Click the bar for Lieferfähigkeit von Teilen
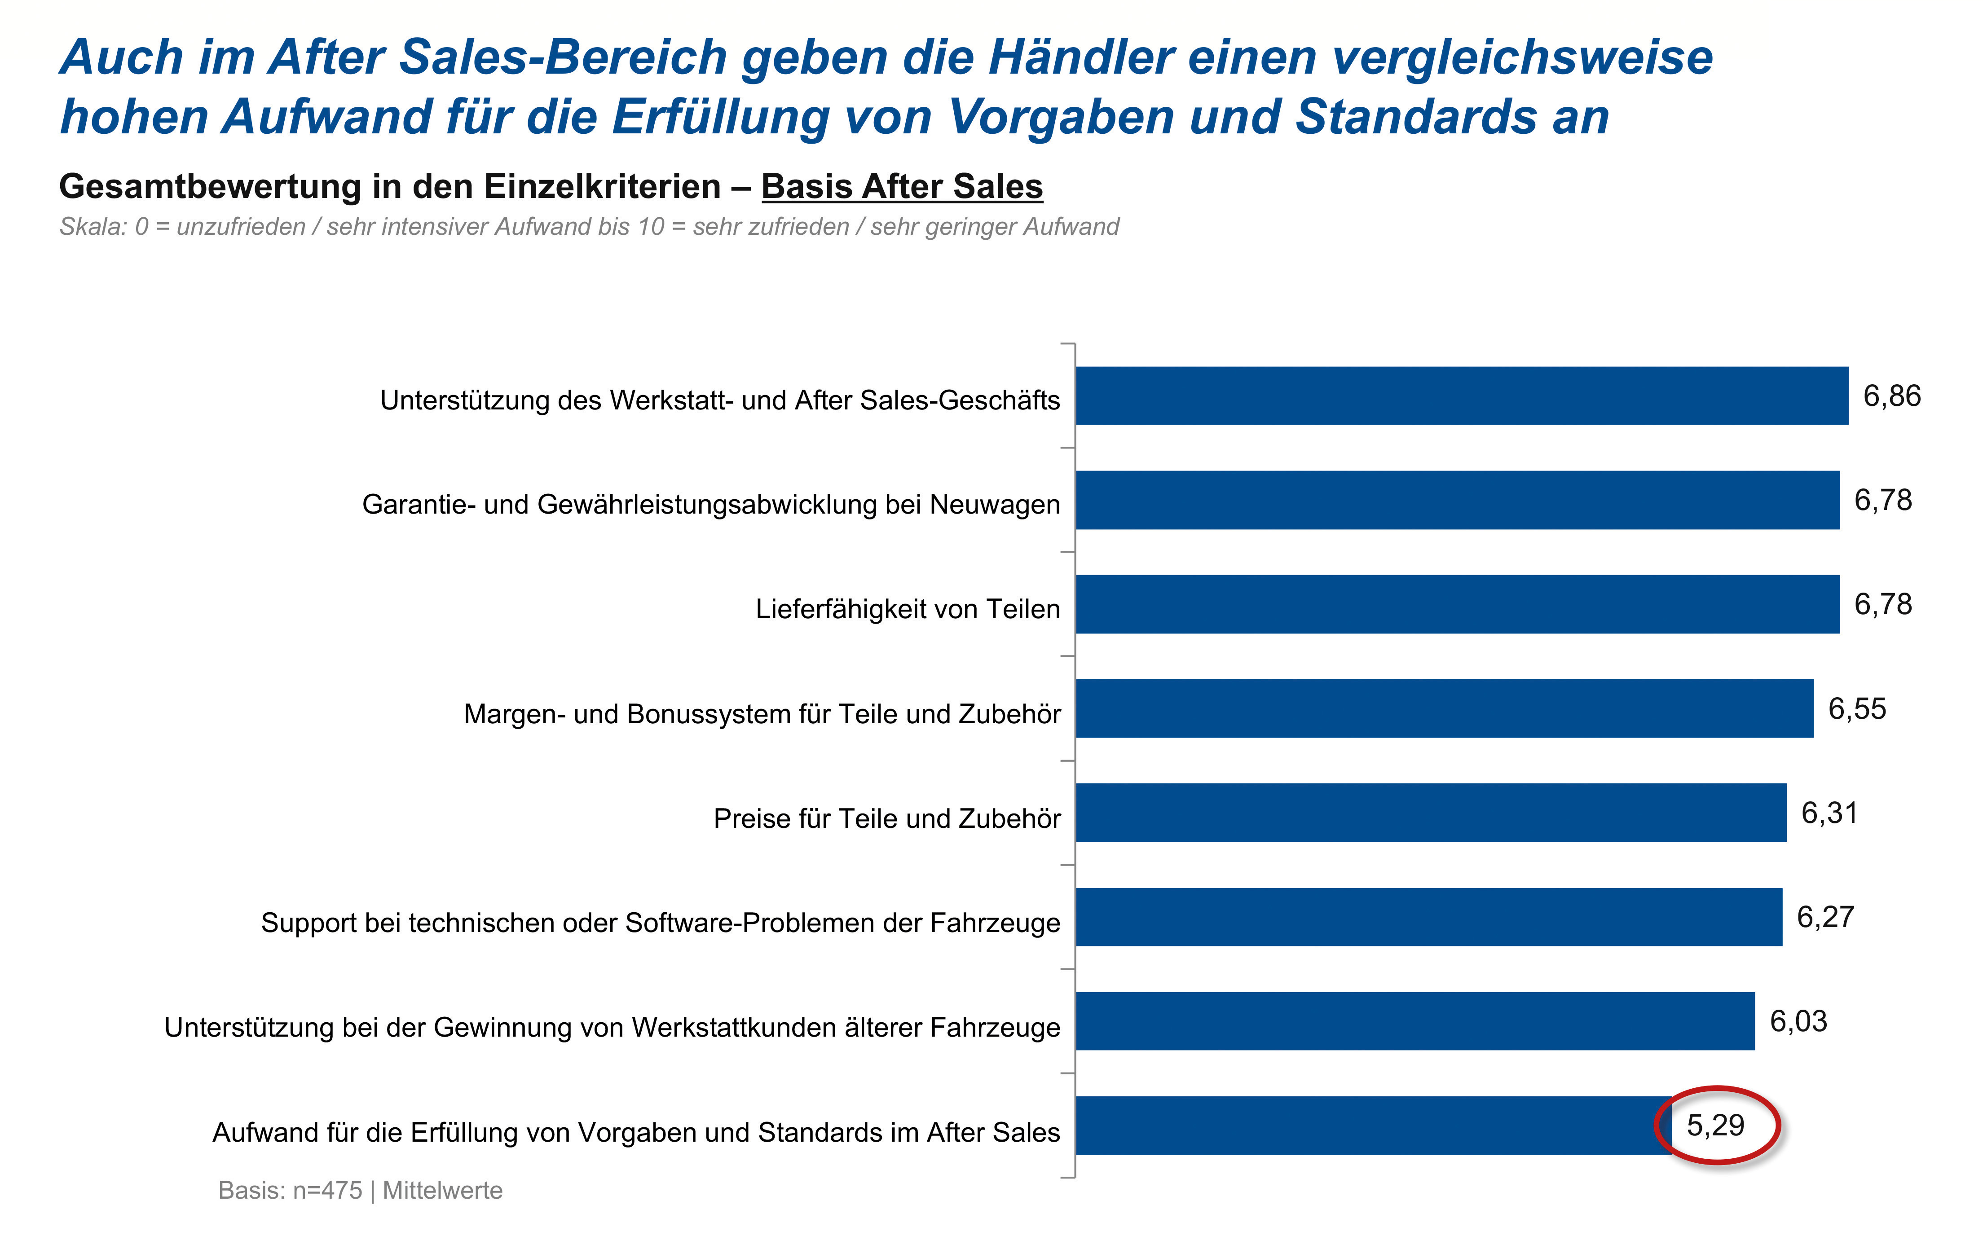pos(1457,604)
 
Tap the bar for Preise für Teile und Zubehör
pos(1430,813)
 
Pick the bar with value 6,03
pos(1415,1021)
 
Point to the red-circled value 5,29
pos(1716,1125)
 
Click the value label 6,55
pos(1858,708)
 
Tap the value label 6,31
pos(1829,813)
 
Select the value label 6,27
pos(1825,917)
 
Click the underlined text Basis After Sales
pos(902,186)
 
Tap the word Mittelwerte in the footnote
pos(443,1190)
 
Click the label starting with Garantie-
pos(711,504)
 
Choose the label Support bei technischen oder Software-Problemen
pos(660,923)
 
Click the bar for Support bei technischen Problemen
pos(1428,917)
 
